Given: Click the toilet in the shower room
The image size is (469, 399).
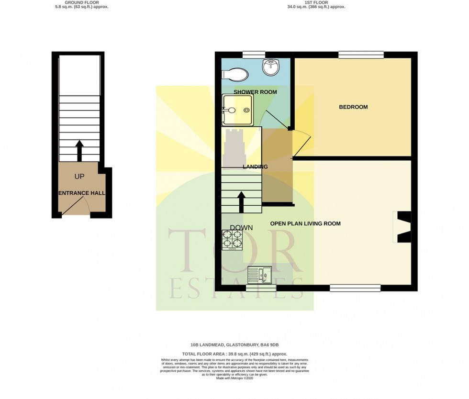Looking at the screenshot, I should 235,75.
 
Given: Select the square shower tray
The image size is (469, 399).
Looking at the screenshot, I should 237,110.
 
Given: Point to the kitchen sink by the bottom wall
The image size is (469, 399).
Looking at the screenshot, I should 259,275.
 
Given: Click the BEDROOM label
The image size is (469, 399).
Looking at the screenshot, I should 353,107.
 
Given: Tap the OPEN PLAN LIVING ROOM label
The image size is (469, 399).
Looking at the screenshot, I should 305,223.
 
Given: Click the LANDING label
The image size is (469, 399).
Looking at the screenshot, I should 255,167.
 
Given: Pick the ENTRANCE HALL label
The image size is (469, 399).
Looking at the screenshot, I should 82,193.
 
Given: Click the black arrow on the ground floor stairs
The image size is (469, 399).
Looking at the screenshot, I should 79,150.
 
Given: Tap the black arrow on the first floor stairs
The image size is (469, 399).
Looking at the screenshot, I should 242,201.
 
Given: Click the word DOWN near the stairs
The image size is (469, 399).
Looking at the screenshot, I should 241,228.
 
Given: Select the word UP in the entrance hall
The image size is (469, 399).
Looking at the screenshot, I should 79,177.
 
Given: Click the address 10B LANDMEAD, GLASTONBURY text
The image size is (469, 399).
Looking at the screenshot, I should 234,344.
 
